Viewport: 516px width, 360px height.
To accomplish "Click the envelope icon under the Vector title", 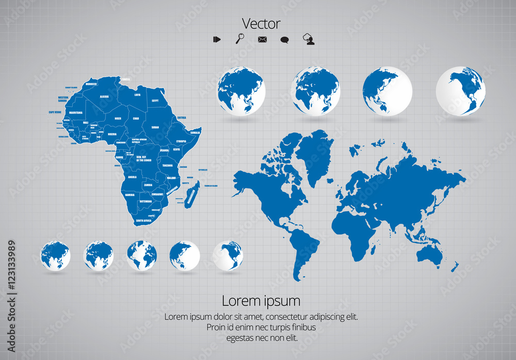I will click(x=262, y=39).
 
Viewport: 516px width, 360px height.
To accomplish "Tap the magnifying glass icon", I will click(x=240, y=39).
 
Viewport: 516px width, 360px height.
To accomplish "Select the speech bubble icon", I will click(x=284, y=40).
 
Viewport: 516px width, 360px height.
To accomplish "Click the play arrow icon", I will click(x=217, y=39).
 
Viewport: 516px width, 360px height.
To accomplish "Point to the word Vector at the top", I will click(x=261, y=24).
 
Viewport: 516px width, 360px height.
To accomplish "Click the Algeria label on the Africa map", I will click(x=104, y=96).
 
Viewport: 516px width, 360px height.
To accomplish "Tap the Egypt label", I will click(x=155, y=101).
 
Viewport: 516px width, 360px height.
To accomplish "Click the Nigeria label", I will click(x=112, y=134).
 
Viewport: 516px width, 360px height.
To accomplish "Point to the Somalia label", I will click(x=195, y=133).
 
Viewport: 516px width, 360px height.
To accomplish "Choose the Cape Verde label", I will click(x=55, y=112).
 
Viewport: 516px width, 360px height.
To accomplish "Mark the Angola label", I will click(x=132, y=177).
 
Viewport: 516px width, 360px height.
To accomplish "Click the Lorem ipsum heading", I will click(x=261, y=300).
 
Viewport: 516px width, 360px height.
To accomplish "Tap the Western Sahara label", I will click(x=63, y=99).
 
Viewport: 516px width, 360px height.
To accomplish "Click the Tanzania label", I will click(x=168, y=166).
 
